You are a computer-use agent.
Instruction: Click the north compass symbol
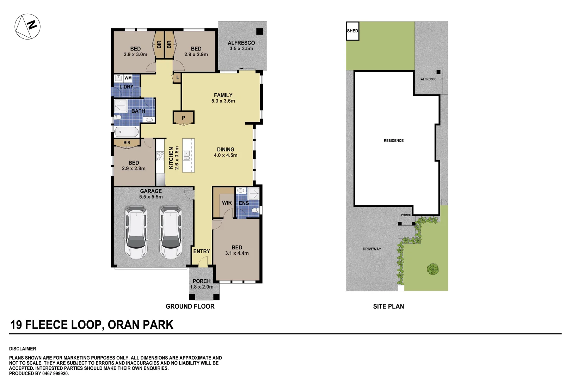coord(27,26)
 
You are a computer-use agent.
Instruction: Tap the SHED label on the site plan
coord(352,31)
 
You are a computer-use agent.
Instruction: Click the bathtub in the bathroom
coord(126,132)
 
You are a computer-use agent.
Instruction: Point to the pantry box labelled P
coord(183,118)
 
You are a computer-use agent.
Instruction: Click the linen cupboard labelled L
coord(177,78)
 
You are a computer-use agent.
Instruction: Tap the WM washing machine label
coord(128,78)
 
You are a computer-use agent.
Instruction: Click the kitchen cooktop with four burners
coord(160,156)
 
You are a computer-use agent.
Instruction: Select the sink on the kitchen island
coord(187,155)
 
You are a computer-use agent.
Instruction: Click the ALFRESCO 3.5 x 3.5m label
coord(241,46)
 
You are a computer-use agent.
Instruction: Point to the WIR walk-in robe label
coord(227,203)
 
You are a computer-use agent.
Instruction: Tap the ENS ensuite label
coord(244,203)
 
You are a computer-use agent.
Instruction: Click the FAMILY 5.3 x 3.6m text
coord(223,98)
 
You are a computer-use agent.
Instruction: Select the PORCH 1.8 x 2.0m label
coord(202,284)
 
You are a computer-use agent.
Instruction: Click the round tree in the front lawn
coord(433,269)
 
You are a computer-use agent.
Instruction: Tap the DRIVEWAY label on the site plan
coord(372,249)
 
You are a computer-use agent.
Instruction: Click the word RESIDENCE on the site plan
coord(394,141)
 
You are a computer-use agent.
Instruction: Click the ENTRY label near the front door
coord(202,251)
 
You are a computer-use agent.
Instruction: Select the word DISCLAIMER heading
coord(23,349)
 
